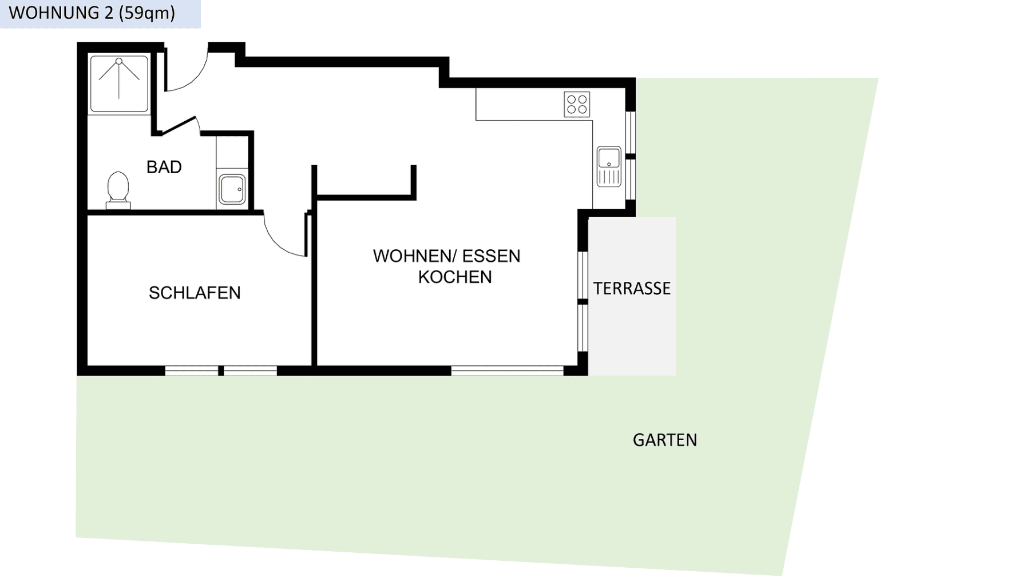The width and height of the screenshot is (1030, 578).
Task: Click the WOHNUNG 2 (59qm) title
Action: [x=92, y=13]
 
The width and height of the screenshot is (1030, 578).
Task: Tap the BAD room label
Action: [x=164, y=167]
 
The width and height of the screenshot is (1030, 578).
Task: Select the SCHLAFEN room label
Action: [x=195, y=293]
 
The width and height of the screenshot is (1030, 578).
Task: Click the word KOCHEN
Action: [x=455, y=277]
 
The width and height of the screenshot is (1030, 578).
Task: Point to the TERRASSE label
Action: [x=632, y=289]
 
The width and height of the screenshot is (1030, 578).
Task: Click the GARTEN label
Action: [x=665, y=440]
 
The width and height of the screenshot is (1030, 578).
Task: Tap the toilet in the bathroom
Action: [x=118, y=188]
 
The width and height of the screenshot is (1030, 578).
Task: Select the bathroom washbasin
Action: [x=232, y=189]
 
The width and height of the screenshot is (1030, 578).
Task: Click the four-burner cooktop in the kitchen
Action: [x=577, y=105]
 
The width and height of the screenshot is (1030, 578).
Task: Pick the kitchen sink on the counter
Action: [x=609, y=166]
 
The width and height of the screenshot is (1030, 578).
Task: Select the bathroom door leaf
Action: [x=179, y=126]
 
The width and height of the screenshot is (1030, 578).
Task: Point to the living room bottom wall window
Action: [x=507, y=371]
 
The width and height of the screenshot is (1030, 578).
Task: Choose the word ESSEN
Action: [x=491, y=256]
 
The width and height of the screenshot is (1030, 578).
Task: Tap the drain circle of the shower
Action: [x=119, y=61]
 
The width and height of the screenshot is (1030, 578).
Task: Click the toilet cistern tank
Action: [x=118, y=205]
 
